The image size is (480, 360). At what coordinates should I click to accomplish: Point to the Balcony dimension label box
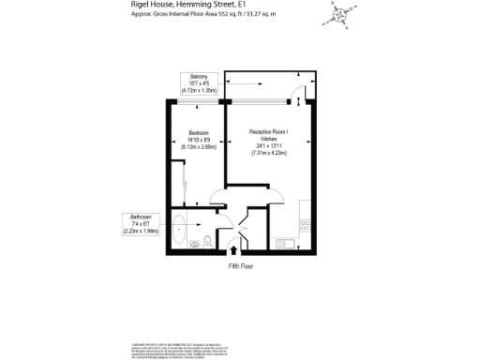point(199,83)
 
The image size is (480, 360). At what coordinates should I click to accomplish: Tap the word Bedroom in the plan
point(198,133)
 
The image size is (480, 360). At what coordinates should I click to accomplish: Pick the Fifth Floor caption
point(241,266)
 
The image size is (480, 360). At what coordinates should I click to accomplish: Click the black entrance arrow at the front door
point(232,252)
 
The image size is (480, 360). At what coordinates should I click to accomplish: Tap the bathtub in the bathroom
point(191,227)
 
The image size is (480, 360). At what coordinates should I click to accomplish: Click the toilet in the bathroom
point(194,244)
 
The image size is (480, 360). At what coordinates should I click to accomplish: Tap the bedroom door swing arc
point(216,197)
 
